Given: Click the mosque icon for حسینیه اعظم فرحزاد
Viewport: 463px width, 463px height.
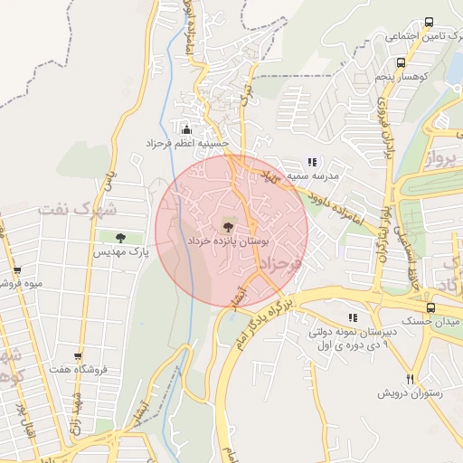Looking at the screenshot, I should pyautogui.click(x=187, y=129).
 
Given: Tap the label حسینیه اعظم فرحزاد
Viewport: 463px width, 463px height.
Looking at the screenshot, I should pyautogui.click(x=188, y=144).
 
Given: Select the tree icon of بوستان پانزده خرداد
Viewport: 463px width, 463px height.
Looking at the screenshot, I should pyautogui.click(x=226, y=227).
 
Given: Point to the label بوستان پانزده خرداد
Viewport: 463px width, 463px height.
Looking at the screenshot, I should pyautogui.click(x=225, y=244).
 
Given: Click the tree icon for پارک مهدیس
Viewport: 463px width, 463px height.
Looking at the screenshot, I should pyautogui.click(x=120, y=238).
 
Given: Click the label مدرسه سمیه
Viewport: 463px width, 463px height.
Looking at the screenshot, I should pyautogui.click(x=312, y=176).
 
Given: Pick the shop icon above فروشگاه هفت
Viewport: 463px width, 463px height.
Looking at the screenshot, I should pyautogui.click(x=79, y=355).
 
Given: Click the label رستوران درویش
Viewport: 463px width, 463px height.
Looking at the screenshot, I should pyautogui.click(x=411, y=394).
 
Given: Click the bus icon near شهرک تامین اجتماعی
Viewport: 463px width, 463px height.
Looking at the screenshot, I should pyautogui.click(x=428, y=23).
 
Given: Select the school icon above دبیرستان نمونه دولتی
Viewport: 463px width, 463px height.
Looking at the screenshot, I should pyautogui.click(x=352, y=318).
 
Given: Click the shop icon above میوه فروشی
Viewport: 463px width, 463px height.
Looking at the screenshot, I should pyautogui.click(x=16, y=269).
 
